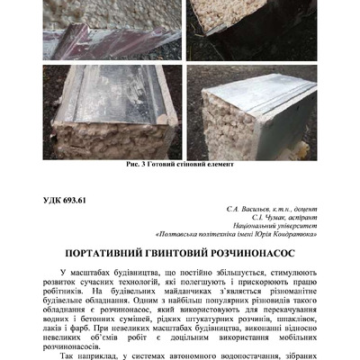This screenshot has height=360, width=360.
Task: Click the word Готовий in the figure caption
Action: (172, 165)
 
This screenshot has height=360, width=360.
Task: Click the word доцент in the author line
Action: (285, 209)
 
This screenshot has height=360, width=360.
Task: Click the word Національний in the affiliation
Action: (244, 229)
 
